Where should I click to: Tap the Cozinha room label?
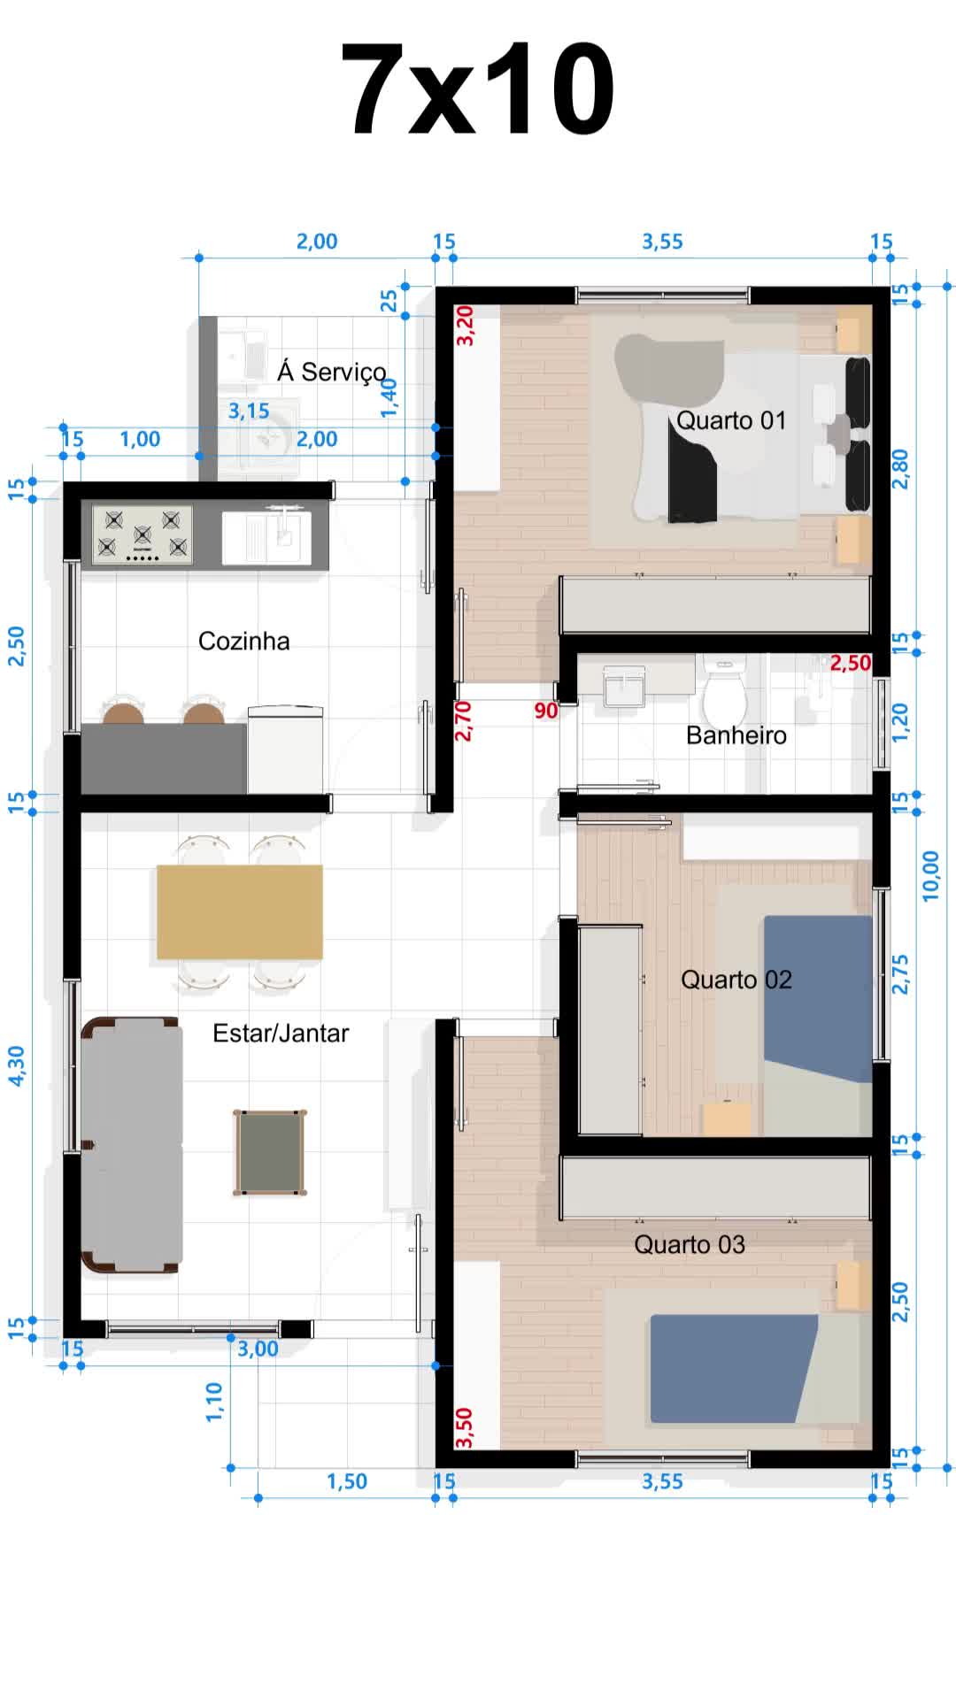point(244,641)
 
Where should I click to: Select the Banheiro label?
point(736,734)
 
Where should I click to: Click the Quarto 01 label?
point(731,420)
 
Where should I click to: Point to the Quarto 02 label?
point(736,980)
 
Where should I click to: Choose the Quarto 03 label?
point(690,1244)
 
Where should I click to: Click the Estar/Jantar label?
point(281,1033)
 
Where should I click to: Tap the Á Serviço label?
point(332,371)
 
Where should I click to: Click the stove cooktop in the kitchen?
point(143,534)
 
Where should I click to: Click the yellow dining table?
point(240,912)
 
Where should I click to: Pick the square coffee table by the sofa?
point(270,1152)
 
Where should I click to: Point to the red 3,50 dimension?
point(465,1428)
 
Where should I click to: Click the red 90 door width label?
point(546,711)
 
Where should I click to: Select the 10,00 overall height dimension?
point(930,876)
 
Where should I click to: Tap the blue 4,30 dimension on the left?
point(17,1065)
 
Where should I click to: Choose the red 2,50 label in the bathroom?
point(850,663)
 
